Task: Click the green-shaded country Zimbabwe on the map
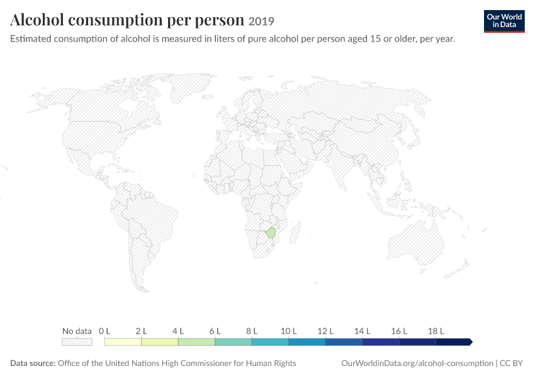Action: coord(271,232)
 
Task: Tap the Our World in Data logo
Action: coord(504,21)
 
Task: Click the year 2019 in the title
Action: coord(261,21)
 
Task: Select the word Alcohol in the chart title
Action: coord(37,20)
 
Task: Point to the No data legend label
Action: coord(77,331)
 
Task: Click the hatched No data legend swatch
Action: coord(77,342)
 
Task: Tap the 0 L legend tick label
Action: coord(104,331)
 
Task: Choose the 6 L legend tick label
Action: coord(215,331)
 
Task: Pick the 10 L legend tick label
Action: coord(289,331)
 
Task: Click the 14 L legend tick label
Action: coord(363,331)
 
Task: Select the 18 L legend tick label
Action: coord(436,331)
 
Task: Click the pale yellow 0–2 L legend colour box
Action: coord(123,342)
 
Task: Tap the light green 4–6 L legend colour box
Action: coord(196,342)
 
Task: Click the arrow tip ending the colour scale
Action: coord(472,342)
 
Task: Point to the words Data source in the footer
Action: coord(33,363)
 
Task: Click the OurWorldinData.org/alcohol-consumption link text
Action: coord(417,363)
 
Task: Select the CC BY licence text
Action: coord(511,363)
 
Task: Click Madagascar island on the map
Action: coord(295,232)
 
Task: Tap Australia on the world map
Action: coord(415,243)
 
